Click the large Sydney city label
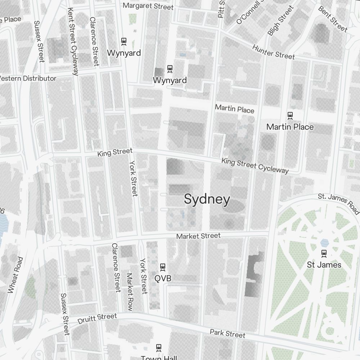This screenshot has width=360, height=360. (x=207, y=199)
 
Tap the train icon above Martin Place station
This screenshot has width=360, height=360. (x=290, y=116)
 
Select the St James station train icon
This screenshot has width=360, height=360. (x=324, y=253)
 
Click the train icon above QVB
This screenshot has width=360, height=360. (x=162, y=267)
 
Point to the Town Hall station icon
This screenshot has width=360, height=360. (x=158, y=348)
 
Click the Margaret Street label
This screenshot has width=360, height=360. (x=148, y=6)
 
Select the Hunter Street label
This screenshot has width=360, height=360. (x=273, y=52)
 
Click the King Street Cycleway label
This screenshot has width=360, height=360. (x=255, y=165)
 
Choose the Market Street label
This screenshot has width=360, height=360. (x=198, y=236)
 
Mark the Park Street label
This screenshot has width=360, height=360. (x=228, y=333)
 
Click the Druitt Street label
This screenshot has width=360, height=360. (x=98, y=318)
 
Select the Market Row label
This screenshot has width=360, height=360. (x=130, y=292)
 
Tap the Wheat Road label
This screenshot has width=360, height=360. (x=15, y=275)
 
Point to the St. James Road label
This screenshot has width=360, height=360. (x=338, y=203)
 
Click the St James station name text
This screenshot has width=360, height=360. (x=324, y=265)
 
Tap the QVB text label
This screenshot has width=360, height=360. (x=163, y=278)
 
